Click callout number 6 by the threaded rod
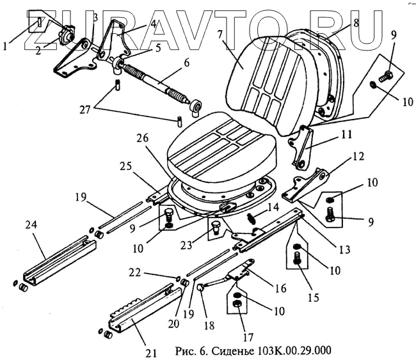(x=187, y=63)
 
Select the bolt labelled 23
(x=214, y=228)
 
